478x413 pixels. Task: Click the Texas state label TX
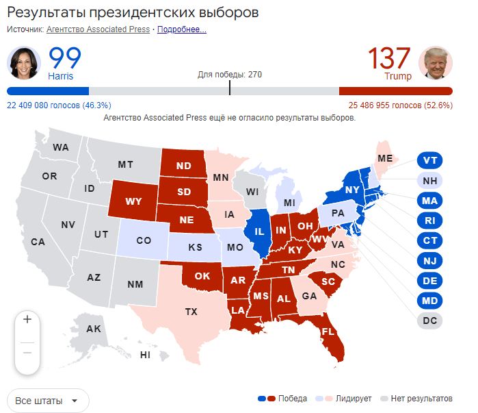coord(191,312)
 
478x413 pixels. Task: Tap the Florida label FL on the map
coord(328,331)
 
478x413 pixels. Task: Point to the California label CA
coord(38,242)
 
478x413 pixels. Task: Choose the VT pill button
coord(429,160)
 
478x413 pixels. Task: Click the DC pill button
coord(429,320)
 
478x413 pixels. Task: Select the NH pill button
coord(429,181)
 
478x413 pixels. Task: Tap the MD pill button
coord(429,300)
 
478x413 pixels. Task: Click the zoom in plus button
coord(27,319)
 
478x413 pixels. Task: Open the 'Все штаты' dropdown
coord(48,400)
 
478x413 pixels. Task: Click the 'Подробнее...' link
coord(182,29)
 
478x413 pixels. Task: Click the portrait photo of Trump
coord(435,63)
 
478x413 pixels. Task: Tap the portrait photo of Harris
coord(24,63)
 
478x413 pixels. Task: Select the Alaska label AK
coord(94,329)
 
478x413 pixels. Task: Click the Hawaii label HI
coord(145,355)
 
